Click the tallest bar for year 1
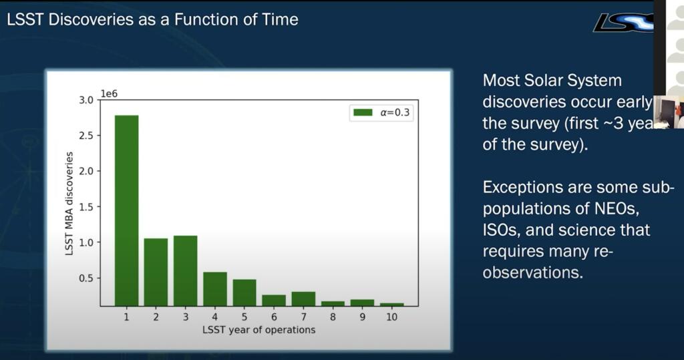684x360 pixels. tap(126, 210)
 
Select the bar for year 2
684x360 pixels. tap(156, 272)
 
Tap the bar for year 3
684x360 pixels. tap(185, 271)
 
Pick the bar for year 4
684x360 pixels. tap(214, 289)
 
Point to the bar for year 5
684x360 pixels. tap(244, 293)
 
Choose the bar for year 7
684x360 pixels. tap(303, 299)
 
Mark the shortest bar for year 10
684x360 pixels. tap(391, 304)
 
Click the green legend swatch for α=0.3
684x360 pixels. tap(362, 113)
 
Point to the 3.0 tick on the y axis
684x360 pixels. tap(86, 100)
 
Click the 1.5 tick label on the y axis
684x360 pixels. tap(86, 207)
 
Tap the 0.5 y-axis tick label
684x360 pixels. tap(86, 279)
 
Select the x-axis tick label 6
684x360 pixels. tap(274, 317)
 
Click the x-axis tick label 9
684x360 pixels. tap(362, 317)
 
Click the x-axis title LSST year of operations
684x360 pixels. tap(259, 329)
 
